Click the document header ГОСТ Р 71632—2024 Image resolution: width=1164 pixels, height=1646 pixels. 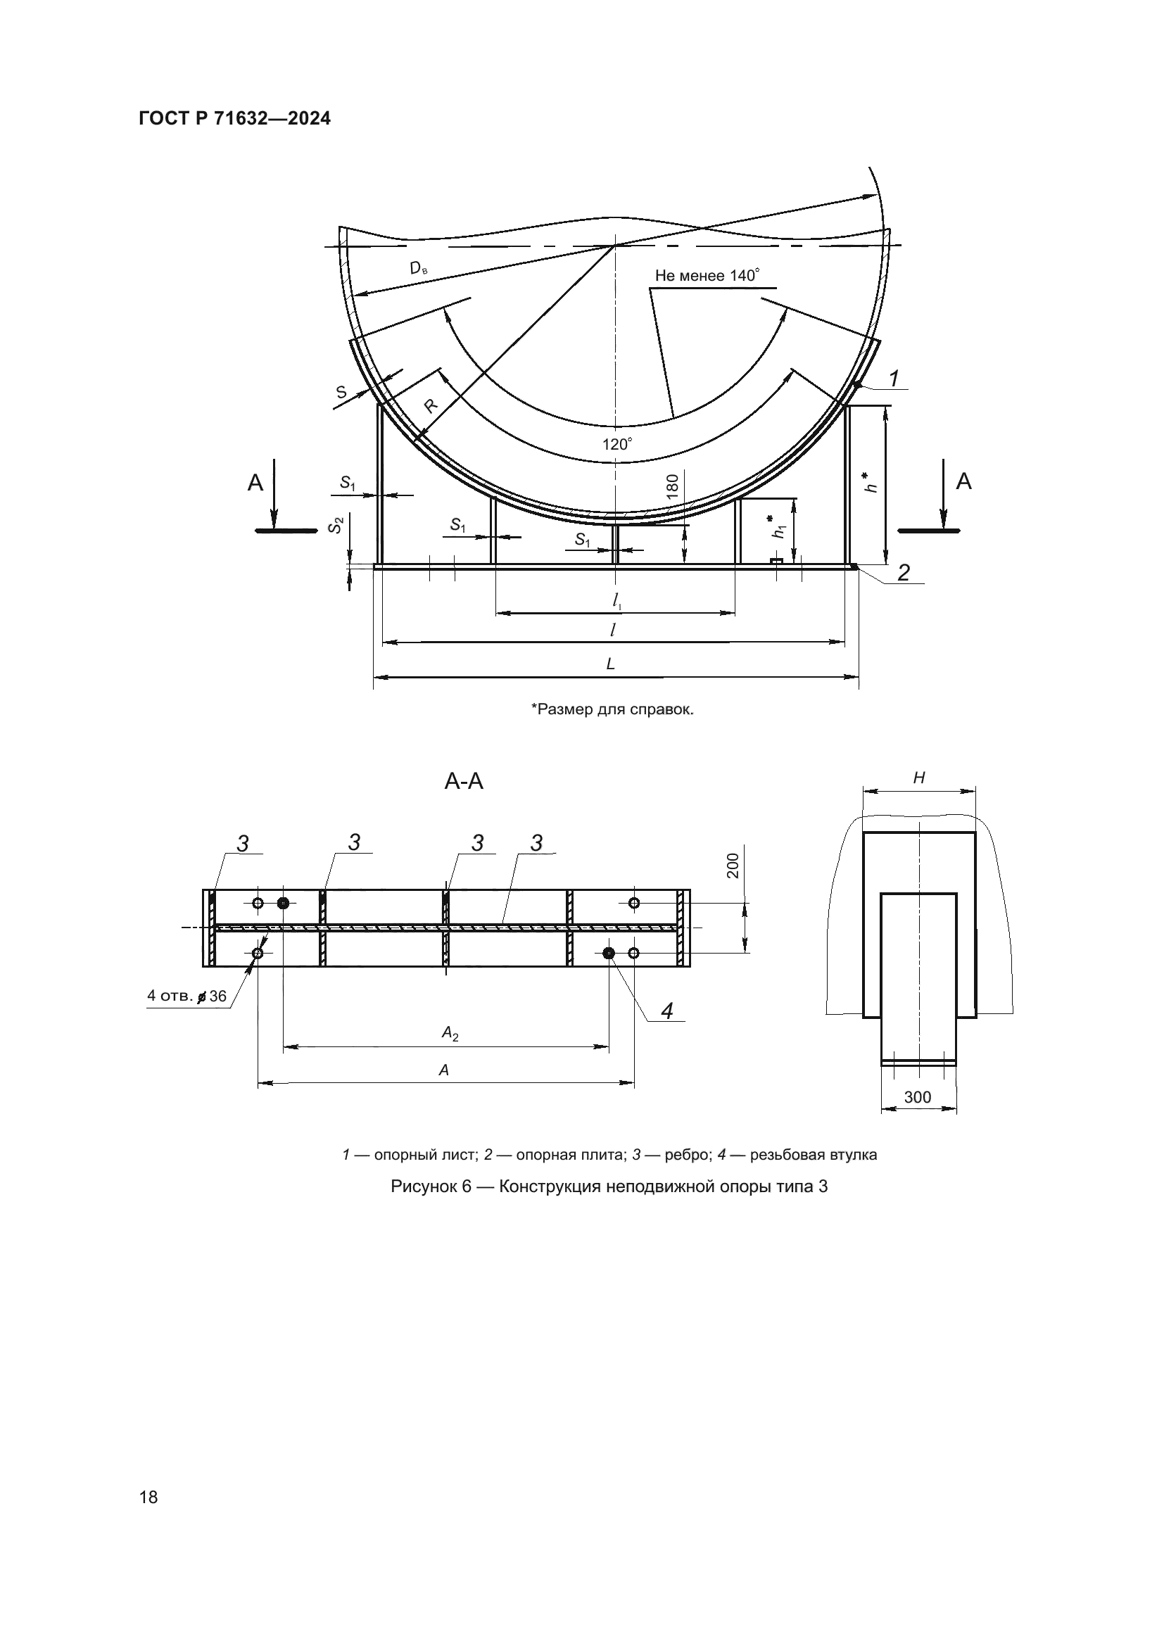pyautogui.click(x=235, y=119)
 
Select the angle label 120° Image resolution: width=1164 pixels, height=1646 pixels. pyautogui.click(x=617, y=444)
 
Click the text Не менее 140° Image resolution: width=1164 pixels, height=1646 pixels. pyautogui.click(x=707, y=275)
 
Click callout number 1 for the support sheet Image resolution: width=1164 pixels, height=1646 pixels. pyautogui.click(x=894, y=378)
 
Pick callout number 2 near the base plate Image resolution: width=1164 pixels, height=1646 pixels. pyautogui.click(x=903, y=572)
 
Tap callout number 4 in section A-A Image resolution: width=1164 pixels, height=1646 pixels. pyautogui.click(x=666, y=1011)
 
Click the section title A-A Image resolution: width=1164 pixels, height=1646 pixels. pyautogui.click(x=464, y=781)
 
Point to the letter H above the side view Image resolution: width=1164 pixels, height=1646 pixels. pyautogui.click(x=919, y=777)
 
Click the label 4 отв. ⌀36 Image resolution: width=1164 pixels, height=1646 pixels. pyautogui.click(x=186, y=996)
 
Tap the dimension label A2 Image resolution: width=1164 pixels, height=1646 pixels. pyautogui.click(x=450, y=1033)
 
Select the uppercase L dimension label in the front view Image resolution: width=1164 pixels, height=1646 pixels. pyautogui.click(x=611, y=664)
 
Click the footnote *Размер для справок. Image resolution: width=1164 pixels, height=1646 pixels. pyautogui.click(x=612, y=709)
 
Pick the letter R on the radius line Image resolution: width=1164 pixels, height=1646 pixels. pyautogui.click(x=430, y=407)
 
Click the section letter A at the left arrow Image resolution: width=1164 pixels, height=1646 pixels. pyautogui.click(x=255, y=483)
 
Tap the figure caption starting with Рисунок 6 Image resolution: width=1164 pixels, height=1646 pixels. pyautogui.click(x=609, y=1186)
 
